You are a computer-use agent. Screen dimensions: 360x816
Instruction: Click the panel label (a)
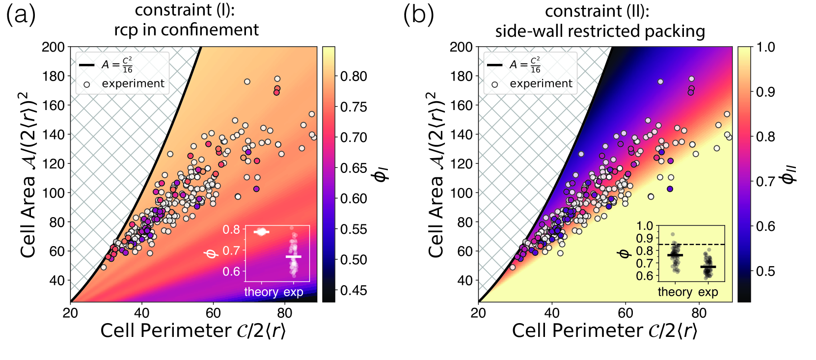pyautogui.click(x=21, y=15)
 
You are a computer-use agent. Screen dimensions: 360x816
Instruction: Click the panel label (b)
pyautogui.click(x=418, y=15)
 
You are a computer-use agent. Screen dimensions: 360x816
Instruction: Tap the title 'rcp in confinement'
pyautogui.click(x=186, y=30)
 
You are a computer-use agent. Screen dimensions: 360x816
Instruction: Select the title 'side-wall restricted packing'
pyautogui.click(x=600, y=31)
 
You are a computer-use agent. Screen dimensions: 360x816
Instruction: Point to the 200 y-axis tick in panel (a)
pyautogui.click(x=53, y=47)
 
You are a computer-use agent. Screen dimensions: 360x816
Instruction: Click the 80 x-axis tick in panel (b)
pyautogui.click(x=699, y=313)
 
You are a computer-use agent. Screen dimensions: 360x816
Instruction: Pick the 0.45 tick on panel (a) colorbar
pyautogui.click(x=354, y=290)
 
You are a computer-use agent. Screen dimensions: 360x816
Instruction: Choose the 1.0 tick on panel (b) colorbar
pyautogui.click(x=765, y=47)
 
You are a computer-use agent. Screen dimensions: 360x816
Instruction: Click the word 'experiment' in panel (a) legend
pyautogui.click(x=133, y=83)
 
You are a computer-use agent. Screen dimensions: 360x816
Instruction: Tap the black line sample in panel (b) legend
pyautogui.click(x=494, y=65)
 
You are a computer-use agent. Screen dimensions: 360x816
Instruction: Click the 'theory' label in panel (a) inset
pyautogui.click(x=261, y=292)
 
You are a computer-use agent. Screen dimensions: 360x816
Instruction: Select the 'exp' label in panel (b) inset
pyautogui.click(x=708, y=292)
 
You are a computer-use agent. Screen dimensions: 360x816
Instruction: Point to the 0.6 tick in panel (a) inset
pyautogui.click(x=231, y=271)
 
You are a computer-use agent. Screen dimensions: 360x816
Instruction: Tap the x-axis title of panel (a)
pyautogui.click(x=193, y=331)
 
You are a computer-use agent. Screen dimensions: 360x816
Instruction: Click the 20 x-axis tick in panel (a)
pyautogui.click(x=70, y=313)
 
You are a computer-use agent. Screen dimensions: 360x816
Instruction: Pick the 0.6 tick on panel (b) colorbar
pyautogui.click(x=765, y=226)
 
